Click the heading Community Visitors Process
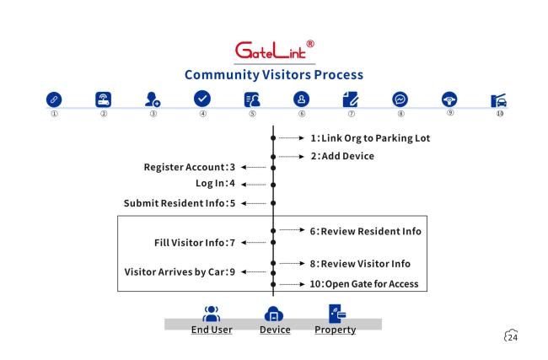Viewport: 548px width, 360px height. (274, 75)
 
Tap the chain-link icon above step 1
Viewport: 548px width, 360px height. (54, 99)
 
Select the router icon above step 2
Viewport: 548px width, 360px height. (104, 99)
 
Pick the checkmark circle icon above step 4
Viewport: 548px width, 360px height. (202, 99)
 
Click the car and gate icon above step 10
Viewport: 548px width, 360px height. (499, 100)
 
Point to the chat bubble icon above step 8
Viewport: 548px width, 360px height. (400, 99)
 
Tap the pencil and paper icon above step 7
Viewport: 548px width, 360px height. (351, 99)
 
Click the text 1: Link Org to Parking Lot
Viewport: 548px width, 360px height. (370, 138)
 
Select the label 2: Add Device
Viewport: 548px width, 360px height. (342, 156)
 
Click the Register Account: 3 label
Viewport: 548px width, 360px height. (190, 168)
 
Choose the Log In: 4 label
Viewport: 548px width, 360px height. (215, 184)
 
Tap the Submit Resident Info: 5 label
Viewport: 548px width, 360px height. (180, 203)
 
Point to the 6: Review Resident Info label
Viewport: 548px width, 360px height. (366, 231)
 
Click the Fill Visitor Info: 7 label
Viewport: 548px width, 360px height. (195, 243)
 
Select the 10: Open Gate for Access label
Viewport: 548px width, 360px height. (364, 284)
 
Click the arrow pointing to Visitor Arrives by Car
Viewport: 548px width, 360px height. (254, 272)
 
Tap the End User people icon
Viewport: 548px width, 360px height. (212, 314)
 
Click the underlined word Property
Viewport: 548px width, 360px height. (336, 330)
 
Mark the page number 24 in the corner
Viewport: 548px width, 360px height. (513, 337)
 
